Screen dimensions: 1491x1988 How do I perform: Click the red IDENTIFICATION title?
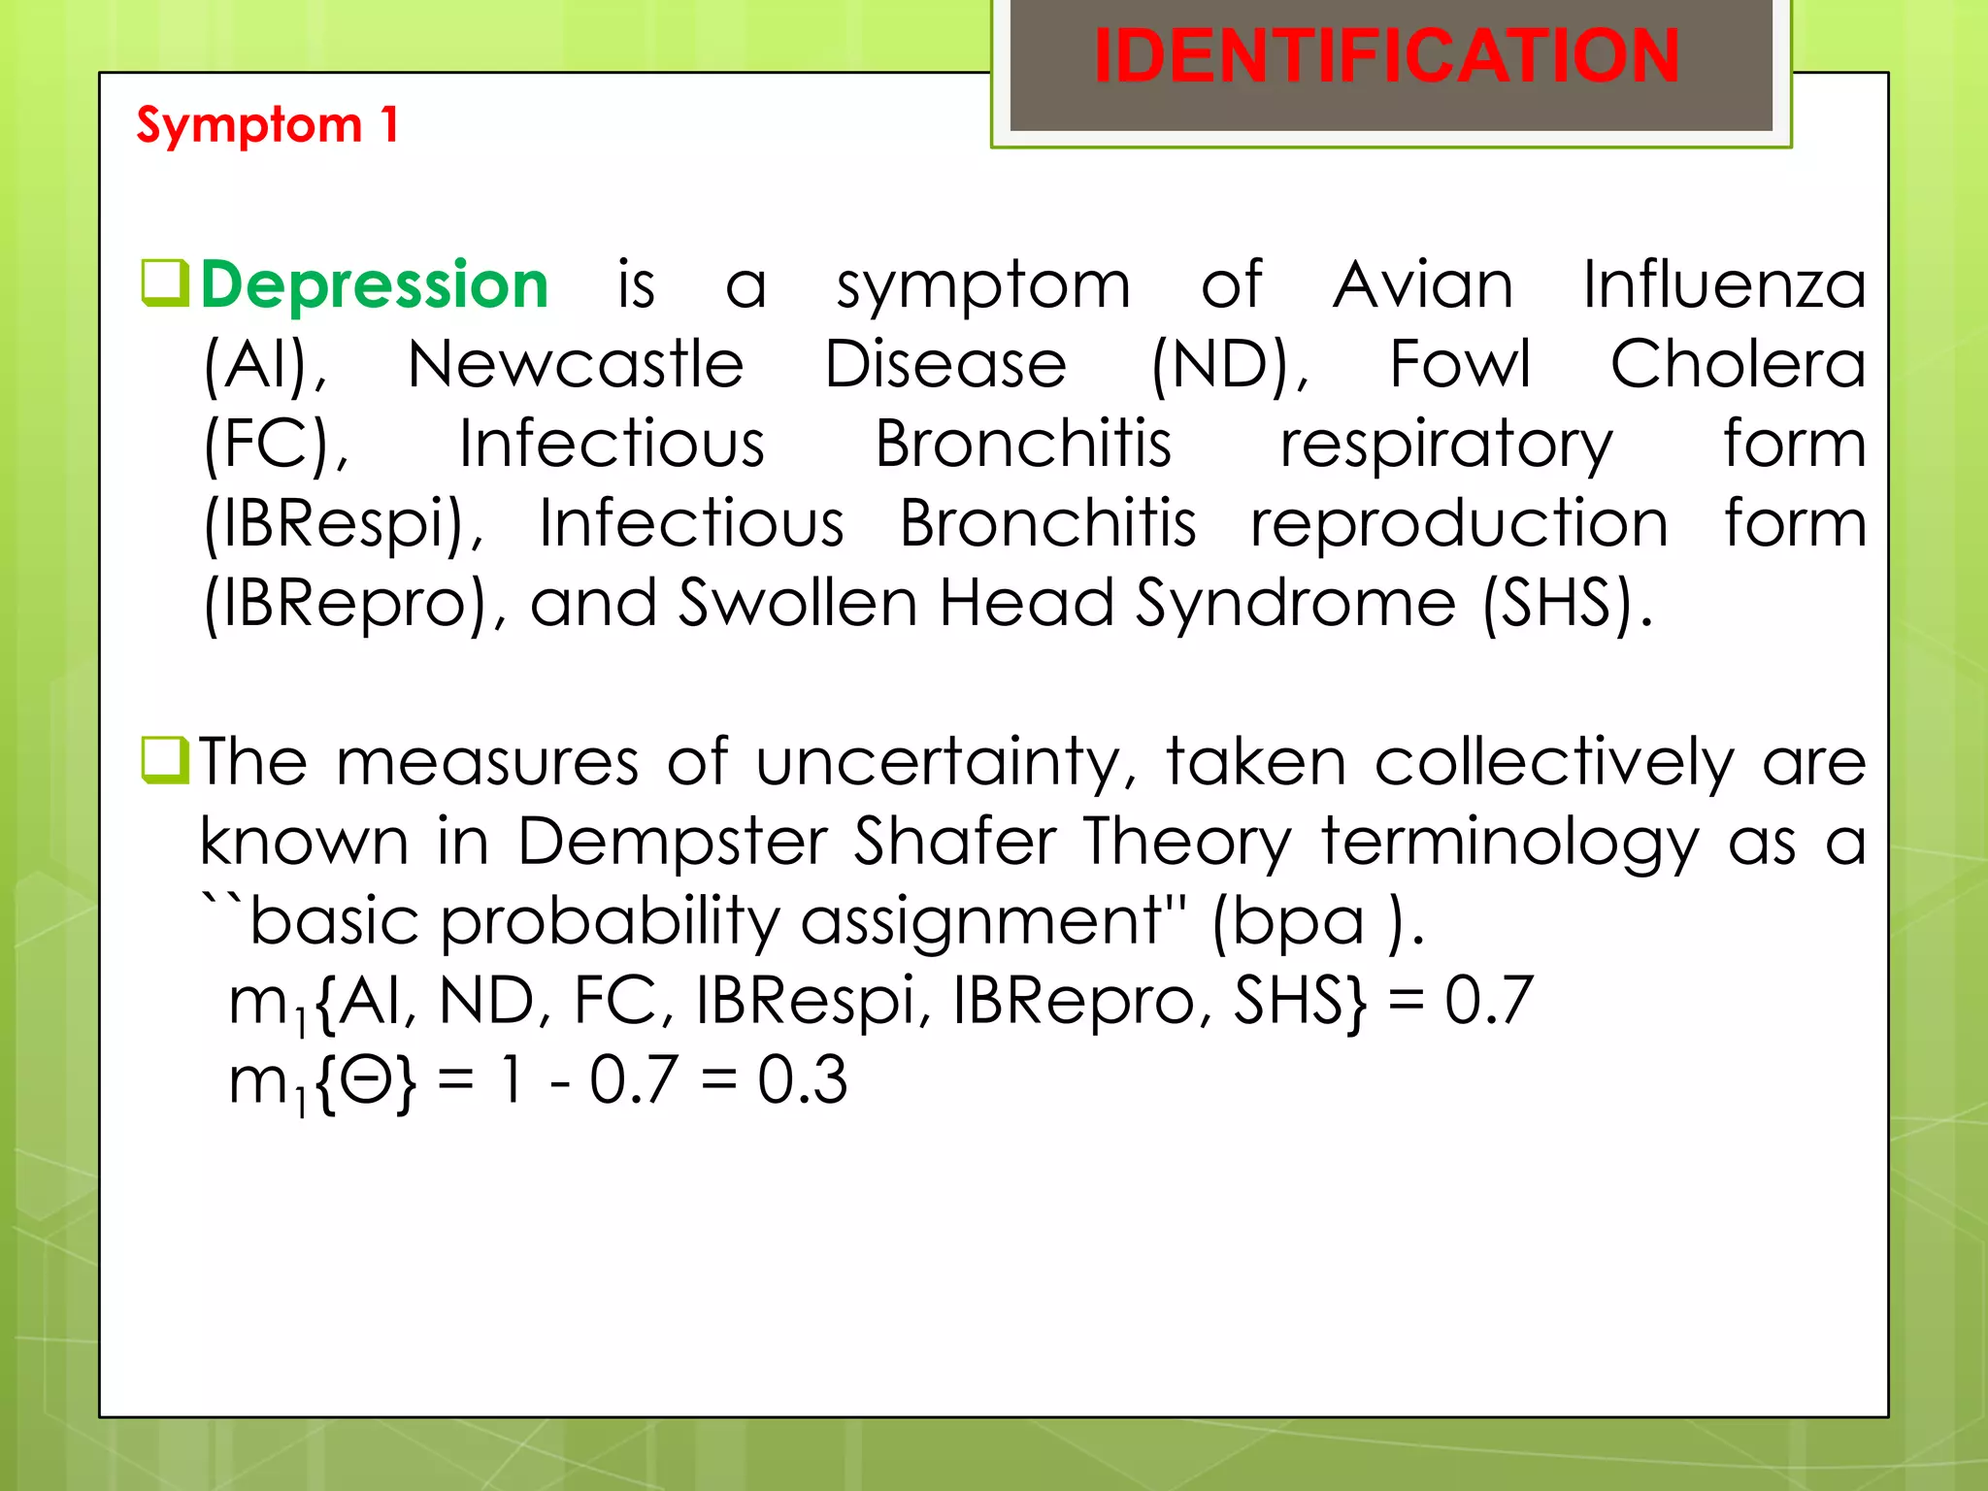coord(1386,56)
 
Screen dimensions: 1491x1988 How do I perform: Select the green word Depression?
coord(375,285)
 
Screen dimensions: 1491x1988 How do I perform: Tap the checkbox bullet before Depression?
coord(164,282)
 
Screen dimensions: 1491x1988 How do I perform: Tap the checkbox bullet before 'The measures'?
coord(164,760)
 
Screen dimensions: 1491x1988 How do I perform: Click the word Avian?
coord(1422,285)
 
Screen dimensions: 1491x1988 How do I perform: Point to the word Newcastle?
coord(576,365)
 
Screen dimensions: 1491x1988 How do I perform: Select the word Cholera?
coord(1738,365)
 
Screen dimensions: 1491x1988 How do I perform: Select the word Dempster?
coord(672,843)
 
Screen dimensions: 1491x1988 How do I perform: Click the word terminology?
coord(1510,843)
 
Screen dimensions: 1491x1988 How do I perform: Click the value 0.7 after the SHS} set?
coord(1488,1001)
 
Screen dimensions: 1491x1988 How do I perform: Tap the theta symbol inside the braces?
coord(366,1079)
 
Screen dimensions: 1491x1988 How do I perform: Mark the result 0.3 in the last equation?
coord(802,1079)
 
